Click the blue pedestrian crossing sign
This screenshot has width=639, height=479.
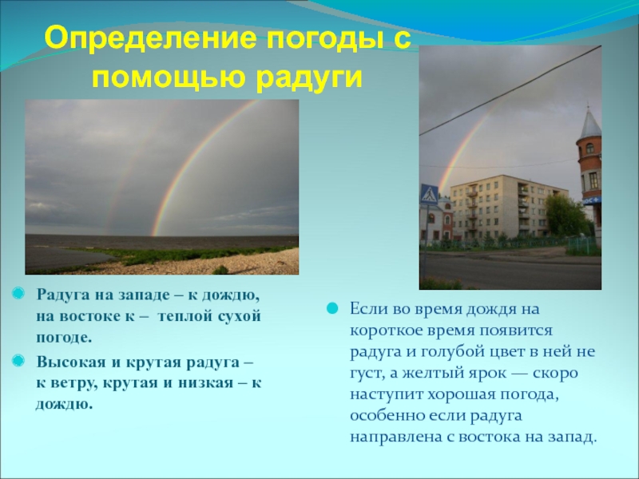click(430, 194)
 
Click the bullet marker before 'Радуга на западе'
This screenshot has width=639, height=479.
click(18, 295)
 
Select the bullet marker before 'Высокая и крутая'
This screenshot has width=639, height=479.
click(18, 362)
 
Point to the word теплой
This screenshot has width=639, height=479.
click(183, 315)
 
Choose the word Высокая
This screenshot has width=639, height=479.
click(66, 362)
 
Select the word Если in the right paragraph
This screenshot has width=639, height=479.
click(367, 308)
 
